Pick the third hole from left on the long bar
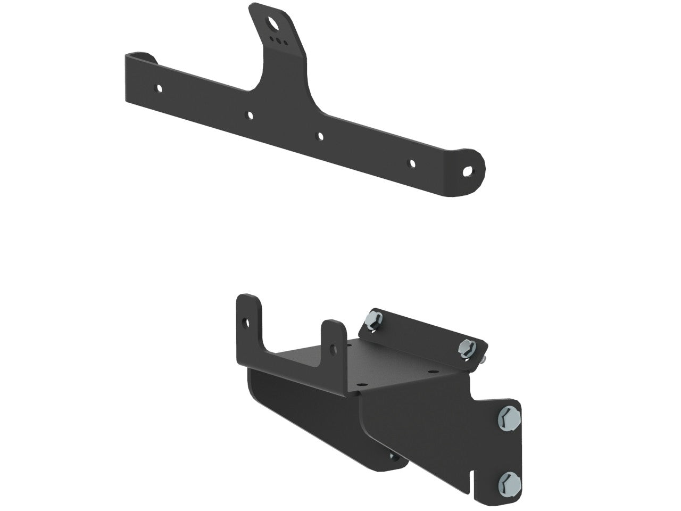[320, 136]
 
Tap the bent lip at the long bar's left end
[139, 55]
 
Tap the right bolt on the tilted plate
[466, 347]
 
